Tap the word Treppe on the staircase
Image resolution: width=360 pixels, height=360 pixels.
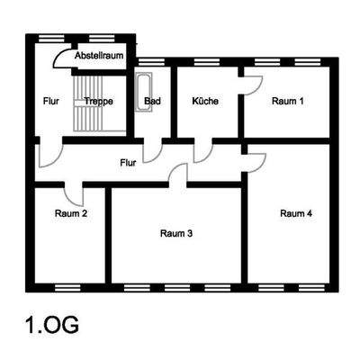[x=98, y=101]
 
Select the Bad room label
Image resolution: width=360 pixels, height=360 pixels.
[x=153, y=101]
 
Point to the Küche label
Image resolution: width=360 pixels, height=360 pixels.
[x=205, y=101]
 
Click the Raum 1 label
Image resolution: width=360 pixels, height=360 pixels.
[x=288, y=101]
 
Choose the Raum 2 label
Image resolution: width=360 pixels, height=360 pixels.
[x=70, y=213]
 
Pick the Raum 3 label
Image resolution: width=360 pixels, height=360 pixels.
[x=176, y=233]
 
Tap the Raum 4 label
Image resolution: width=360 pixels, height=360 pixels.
[x=296, y=213]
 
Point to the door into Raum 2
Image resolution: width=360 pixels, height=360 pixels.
[x=73, y=191]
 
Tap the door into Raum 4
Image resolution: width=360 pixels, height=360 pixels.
[x=255, y=163]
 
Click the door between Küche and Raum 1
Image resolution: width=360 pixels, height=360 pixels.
[x=251, y=84]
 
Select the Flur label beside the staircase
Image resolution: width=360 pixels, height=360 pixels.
[x=49, y=101]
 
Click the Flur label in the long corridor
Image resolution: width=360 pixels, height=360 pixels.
[x=129, y=163]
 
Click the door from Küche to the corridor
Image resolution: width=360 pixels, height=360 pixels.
[x=202, y=149]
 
